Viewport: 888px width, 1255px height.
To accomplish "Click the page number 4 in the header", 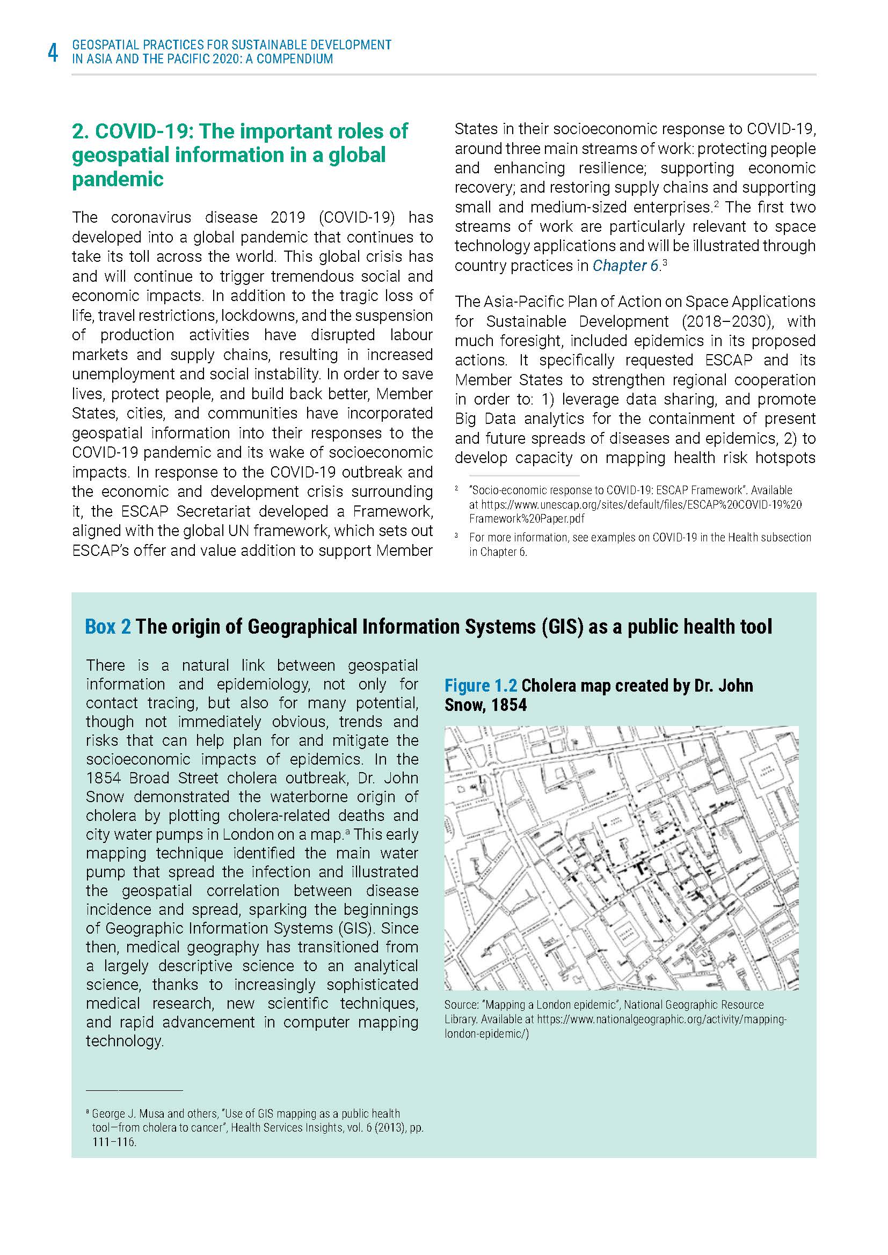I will pyautogui.click(x=53, y=53).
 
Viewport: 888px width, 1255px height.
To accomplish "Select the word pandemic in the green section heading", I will pyautogui.click(x=118, y=179).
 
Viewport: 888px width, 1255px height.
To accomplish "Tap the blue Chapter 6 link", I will pyautogui.click(x=625, y=266).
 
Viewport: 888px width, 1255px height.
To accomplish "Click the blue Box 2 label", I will pyautogui.click(x=108, y=626).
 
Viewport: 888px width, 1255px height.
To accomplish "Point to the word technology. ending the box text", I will pyautogui.click(x=125, y=1041).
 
